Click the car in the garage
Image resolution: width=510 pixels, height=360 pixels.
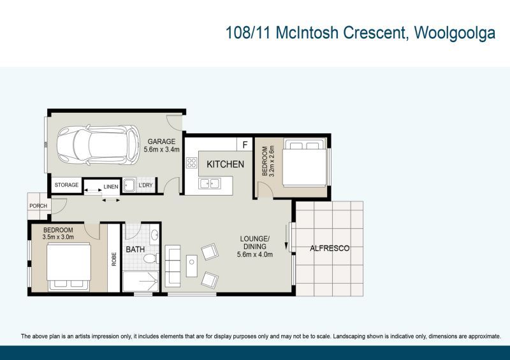coord(98,145)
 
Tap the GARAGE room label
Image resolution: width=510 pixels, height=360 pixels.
coord(161,141)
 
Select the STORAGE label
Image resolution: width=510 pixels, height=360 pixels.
coord(66,185)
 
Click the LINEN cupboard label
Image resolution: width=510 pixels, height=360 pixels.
coord(111,187)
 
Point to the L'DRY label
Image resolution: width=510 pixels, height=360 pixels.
coord(145,185)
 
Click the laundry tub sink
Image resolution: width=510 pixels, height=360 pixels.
coord(129,185)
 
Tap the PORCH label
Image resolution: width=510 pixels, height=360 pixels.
coord(38,206)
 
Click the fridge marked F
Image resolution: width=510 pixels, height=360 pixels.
coord(245,145)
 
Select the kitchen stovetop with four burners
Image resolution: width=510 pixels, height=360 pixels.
coord(192,162)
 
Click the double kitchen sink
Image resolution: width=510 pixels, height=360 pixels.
coord(210,184)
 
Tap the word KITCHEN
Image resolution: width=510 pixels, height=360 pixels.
coord(226,164)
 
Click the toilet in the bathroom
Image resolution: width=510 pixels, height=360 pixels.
coord(151,259)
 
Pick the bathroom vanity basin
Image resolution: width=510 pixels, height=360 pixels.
coord(155,234)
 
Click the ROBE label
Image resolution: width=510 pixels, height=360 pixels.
coord(114,259)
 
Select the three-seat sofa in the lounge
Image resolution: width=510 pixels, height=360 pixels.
coord(173,266)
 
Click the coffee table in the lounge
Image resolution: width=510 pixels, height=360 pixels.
coord(192,266)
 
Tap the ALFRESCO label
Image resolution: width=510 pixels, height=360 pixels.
coord(330,248)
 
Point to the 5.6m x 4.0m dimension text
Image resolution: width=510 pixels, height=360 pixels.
coord(255,254)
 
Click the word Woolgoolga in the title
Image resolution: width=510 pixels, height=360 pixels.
coord(455,33)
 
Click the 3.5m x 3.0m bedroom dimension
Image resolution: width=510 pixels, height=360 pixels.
coord(58,237)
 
